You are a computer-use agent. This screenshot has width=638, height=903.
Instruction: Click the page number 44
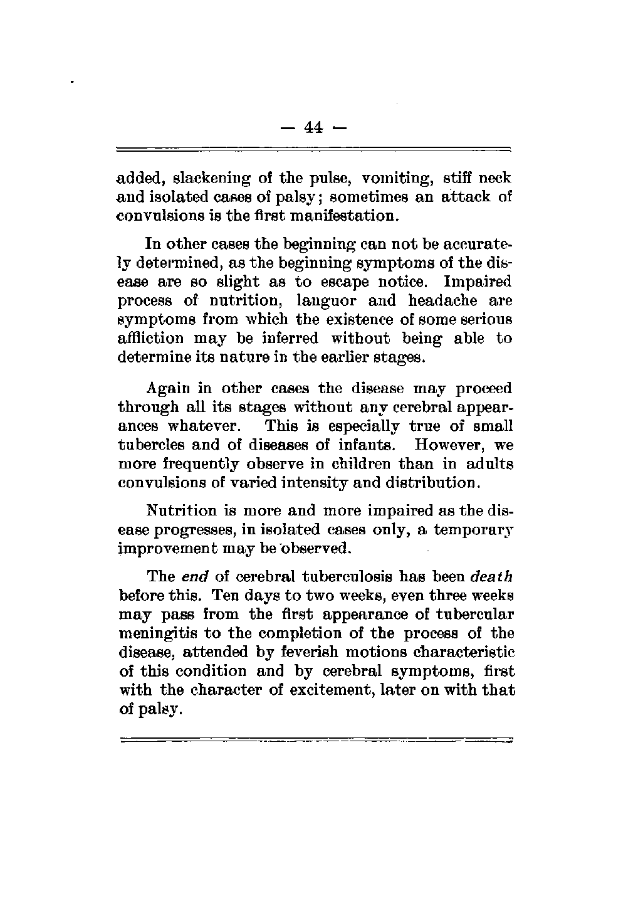313,128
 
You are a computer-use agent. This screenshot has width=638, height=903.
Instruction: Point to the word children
350,465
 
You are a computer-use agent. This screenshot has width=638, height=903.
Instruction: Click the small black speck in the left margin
73,82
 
